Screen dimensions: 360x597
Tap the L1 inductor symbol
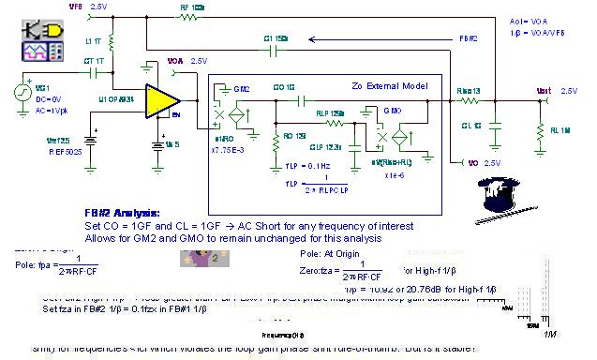coord(110,41)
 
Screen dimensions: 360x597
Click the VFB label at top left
coord(76,6)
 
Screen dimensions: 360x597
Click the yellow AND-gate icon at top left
coord(43,29)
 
